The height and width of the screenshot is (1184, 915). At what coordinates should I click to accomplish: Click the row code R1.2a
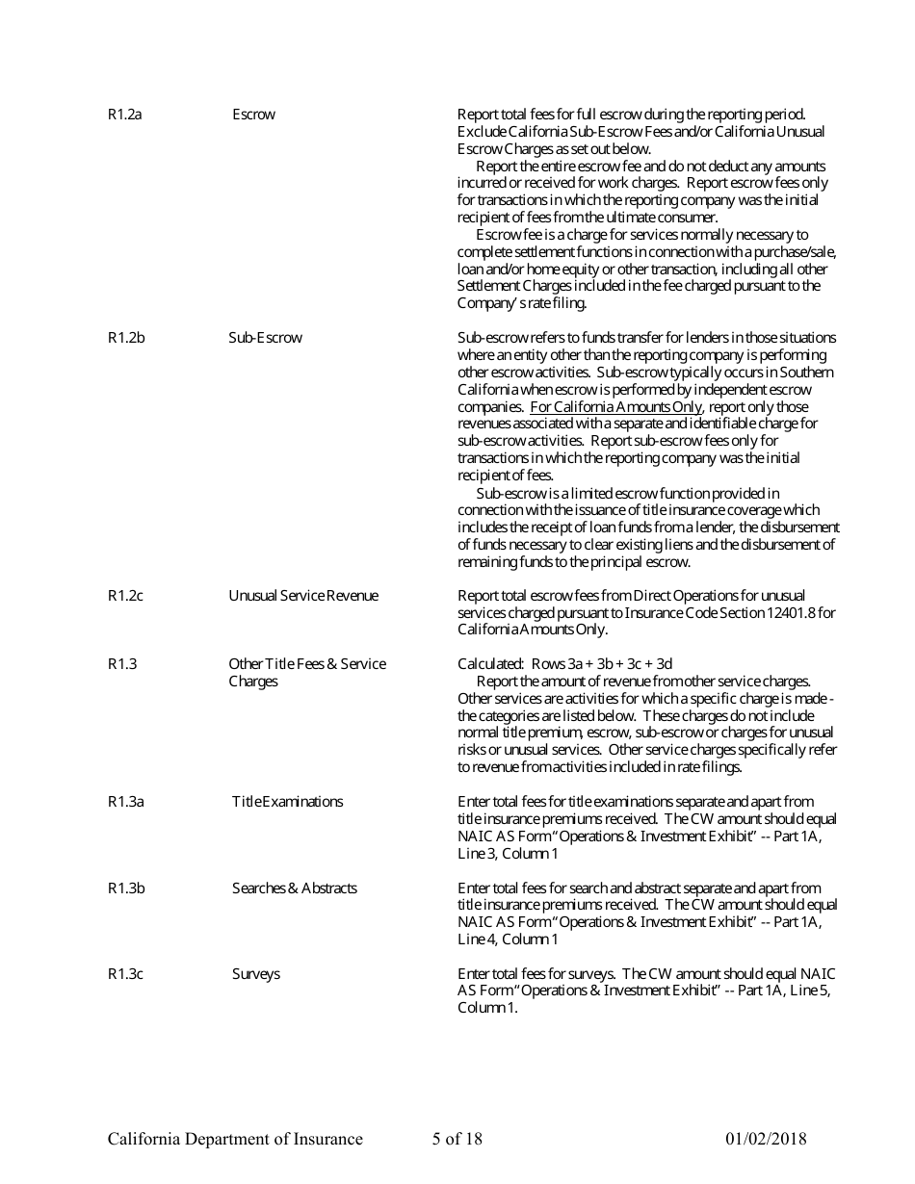[125, 115]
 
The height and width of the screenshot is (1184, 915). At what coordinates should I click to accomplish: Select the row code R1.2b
[126, 338]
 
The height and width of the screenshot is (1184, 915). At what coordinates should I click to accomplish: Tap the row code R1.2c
[125, 596]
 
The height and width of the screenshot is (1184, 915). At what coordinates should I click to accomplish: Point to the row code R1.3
[122, 664]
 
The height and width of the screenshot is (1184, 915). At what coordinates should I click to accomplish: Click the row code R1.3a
[125, 802]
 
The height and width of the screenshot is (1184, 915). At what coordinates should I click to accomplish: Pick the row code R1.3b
[126, 888]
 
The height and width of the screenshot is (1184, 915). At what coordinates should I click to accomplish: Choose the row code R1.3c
[125, 974]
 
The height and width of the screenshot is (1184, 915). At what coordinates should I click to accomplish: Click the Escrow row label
[253, 115]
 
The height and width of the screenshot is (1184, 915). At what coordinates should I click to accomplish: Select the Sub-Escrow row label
[265, 338]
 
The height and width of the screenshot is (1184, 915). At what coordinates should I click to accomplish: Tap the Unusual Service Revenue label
[303, 596]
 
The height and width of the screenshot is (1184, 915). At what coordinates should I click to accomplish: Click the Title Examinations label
[287, 802]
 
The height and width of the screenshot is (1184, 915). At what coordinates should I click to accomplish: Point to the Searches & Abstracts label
[294, 888]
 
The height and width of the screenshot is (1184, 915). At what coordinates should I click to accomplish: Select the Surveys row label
[255, 974]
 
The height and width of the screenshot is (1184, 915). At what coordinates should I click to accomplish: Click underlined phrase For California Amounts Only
[616, 407]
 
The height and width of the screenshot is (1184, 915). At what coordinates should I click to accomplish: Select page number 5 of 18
[457, 1140]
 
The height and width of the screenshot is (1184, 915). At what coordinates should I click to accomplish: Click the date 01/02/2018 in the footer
[766, 1140]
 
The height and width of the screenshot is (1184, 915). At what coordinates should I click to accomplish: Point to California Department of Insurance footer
[235, 1140]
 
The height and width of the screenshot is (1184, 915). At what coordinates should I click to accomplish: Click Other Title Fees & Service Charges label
[306, 673]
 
